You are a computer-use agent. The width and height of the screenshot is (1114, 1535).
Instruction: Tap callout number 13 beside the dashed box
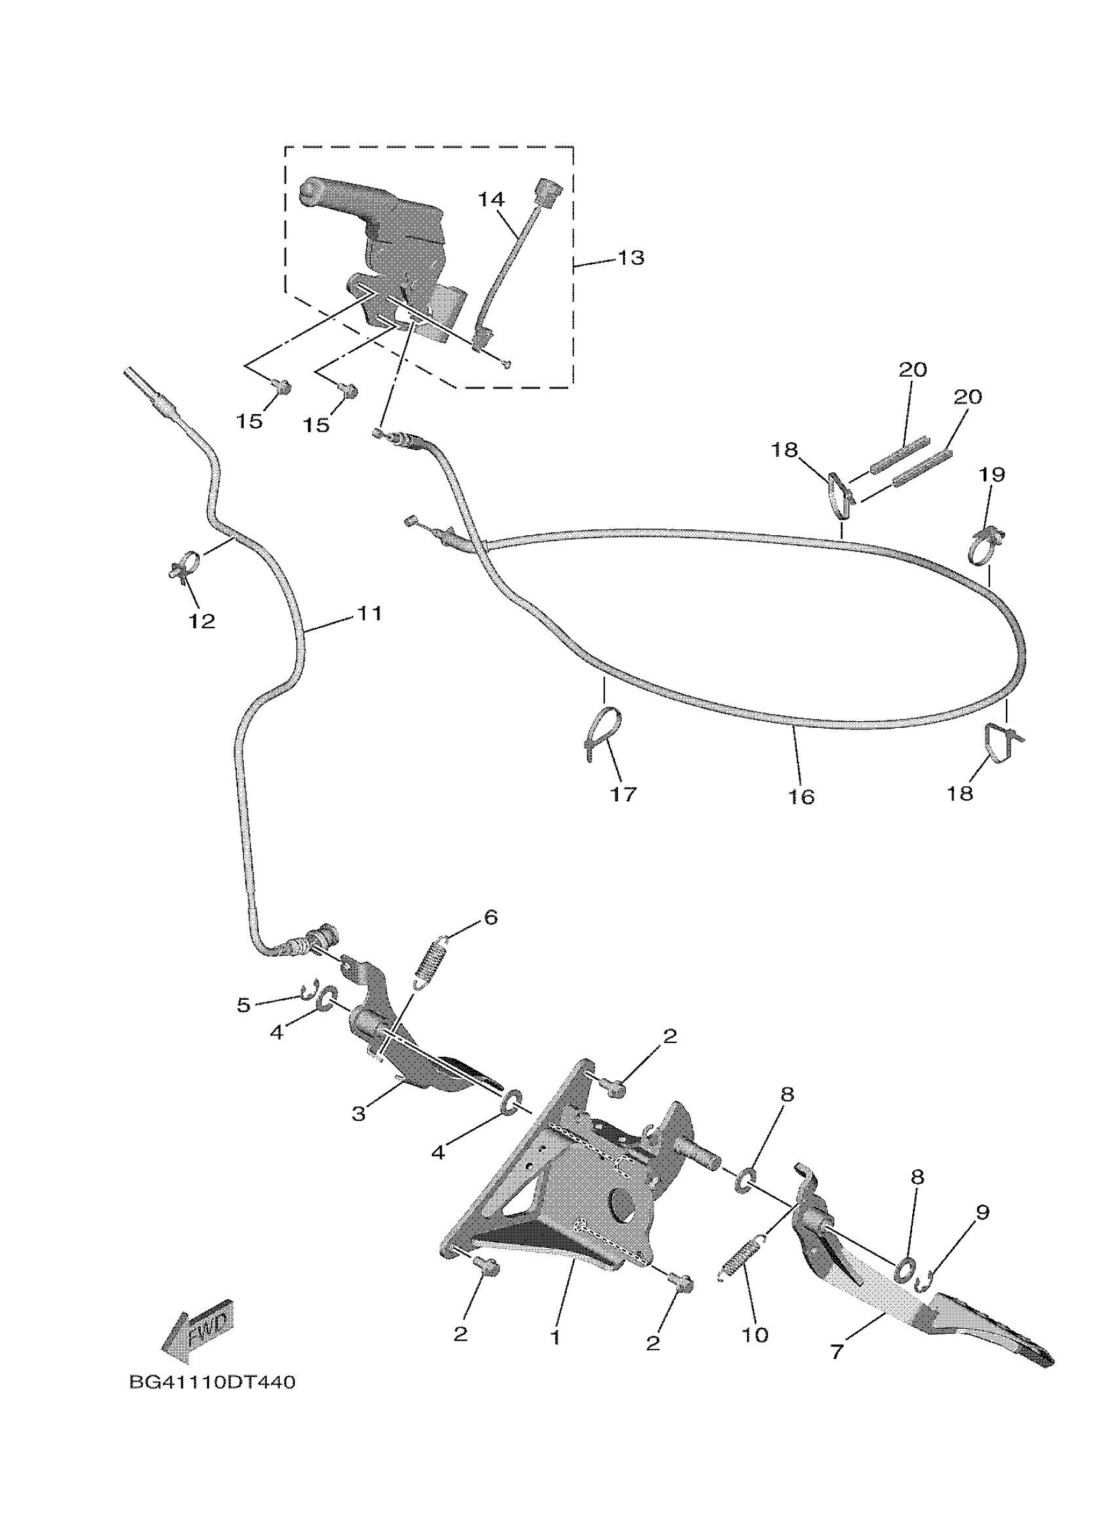pyautogui.click(x=630, y=258)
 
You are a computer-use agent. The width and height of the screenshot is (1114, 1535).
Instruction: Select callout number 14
pyautogui.click(x=491, y=200)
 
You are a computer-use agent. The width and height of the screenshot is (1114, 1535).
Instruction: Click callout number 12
pyautogui.click(x=202, y=620)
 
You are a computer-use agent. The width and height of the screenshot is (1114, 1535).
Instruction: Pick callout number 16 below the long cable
pyautogui.click(x=801, y=797)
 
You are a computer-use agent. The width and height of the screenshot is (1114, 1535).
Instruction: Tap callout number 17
pyautogui.click(x=624, y=793)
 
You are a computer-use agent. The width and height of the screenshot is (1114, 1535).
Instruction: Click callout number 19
pyautogui.click(x=992, y=474)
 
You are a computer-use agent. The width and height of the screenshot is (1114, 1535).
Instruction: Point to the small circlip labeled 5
pyautogui.click(x=309, y=993)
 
